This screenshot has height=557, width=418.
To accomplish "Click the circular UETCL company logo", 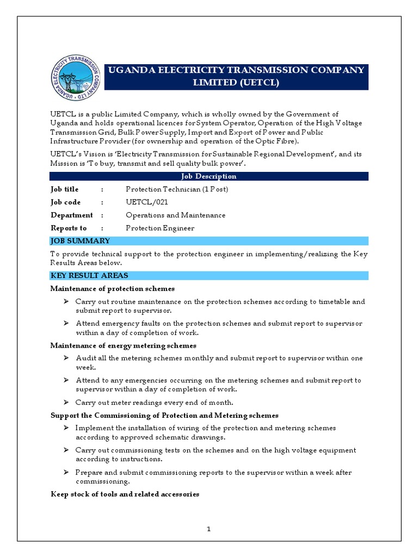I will pyautogui.click(x=76, y=79).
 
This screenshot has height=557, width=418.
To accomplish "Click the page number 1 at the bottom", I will pyautogui.click(x=209, y=529).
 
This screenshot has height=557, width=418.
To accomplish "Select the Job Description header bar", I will pyautogui.click(x=209, y=176).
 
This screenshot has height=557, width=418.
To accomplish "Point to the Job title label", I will pyautogui.click(x=65, y=189).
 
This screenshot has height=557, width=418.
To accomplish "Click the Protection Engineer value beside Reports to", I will pyautogui.click(x=160, y=228).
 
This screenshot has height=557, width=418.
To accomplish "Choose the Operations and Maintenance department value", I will pyautogui.click(x=175, y=215).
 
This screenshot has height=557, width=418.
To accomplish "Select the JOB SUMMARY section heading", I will pyautogui.click(x=81, y=241).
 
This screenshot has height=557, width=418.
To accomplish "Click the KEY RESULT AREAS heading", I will pyautogui.click(x=89, y=276).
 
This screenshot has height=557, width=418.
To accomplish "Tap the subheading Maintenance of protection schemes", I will pyautogui.click(x=113, y=288).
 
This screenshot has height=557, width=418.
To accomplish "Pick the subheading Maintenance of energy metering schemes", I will pyautogui.click(x=124, y=345).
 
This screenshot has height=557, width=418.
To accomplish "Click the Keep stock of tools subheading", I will pyautogui.click(x=125, y=494).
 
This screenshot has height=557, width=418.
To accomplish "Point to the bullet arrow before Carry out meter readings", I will pyautogui.click(x=65, y=403).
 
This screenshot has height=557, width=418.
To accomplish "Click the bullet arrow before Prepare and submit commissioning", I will pyautogui.click(x=65, y=472).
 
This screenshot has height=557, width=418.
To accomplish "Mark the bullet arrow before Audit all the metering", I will pyautogui.click(x=65, y=358).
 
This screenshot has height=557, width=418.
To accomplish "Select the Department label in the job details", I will pyautogui.click(x=72, y=215).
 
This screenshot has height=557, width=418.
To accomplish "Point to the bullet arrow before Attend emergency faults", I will pyautogui.click(x=65, y=323).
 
